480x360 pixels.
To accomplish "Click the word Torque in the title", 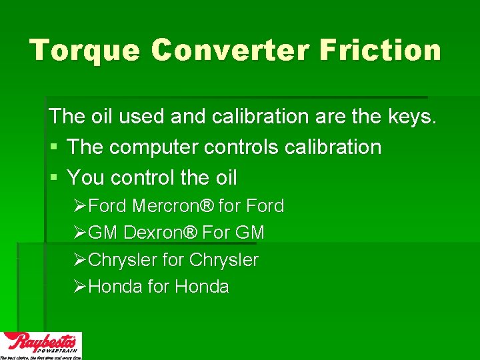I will coord(84,51).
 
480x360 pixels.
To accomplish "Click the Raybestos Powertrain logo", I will coord(41,345).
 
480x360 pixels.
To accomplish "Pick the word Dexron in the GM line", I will coord(155,233).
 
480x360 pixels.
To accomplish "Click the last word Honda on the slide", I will coord(202,287).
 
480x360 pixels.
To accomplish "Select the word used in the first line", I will coord(143,117).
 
